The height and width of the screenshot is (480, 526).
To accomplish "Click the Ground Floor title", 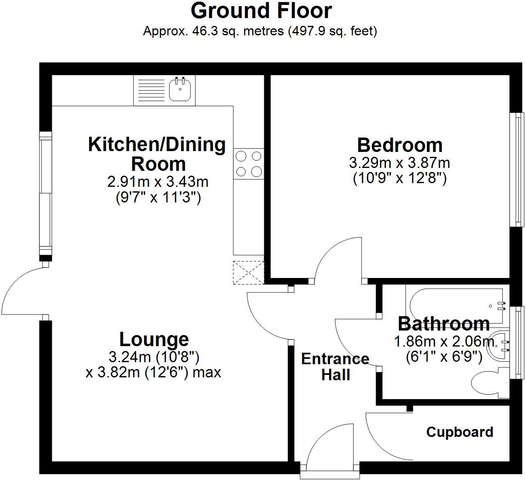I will pyautogui.click(x=261, y=11).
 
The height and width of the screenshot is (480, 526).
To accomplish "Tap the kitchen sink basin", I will pyautogui.click(x=180, y=90).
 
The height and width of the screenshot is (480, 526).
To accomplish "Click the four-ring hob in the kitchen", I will pyautogui.click(x=249, y=163).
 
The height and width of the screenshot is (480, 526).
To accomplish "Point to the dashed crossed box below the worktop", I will pyautogui.click(x=249, y=272).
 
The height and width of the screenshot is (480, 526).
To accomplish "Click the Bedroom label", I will pyautogui.click(x=399, y=145).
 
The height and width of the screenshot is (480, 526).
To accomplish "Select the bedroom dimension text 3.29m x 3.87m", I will pyautogui.click(x=399, y=163).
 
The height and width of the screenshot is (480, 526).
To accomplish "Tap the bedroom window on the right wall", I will pyautogui.click(x=517, y=169).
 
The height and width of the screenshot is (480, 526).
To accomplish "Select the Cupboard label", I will pyautogui.click(x=459, y=432).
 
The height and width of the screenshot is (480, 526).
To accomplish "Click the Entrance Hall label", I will pyautogui.click(x=335, y=367).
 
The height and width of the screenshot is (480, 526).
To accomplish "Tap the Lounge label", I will pyautogui.click(x=154, y=340).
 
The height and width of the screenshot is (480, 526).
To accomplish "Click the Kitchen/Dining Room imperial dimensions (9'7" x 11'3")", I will pyautogui.click(x=158, y=198).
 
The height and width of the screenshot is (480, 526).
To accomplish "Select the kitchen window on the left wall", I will pyautogui.click(x=46, y=193).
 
